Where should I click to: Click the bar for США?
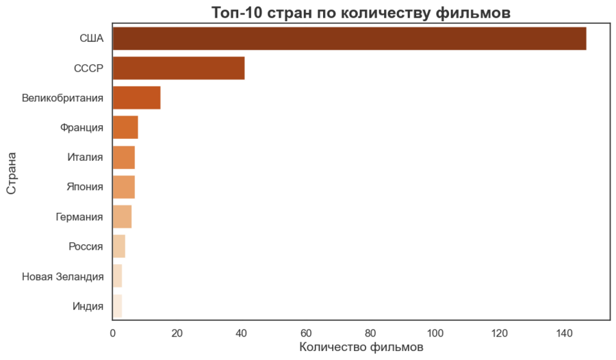click(x=349, y=38)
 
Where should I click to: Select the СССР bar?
click(x=179, y=68)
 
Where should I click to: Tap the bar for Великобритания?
click(x=137, y=98)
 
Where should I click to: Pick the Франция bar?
click(x=125, y=127)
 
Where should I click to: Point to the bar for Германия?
click(x=123, y=217)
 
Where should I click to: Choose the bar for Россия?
click(x=119, y=246)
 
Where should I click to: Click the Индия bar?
click(x=118, y=306)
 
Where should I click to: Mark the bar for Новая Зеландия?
click(x=118, y=277)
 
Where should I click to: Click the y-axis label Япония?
click(x=86, y=187)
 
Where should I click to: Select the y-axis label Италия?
click(x=86, y=157)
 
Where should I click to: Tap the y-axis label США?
click(x=92, y=39)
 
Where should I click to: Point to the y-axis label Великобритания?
click(x=63, y=98)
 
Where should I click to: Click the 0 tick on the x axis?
click(x=113, y=333)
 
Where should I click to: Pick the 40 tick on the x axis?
click(x=242, y=333)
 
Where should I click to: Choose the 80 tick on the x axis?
click(x=371, y=333)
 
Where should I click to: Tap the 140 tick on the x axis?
click(x=565, y=333)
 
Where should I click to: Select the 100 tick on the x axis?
click(x=435, y=333)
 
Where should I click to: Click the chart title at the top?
click(x=361, y=12)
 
